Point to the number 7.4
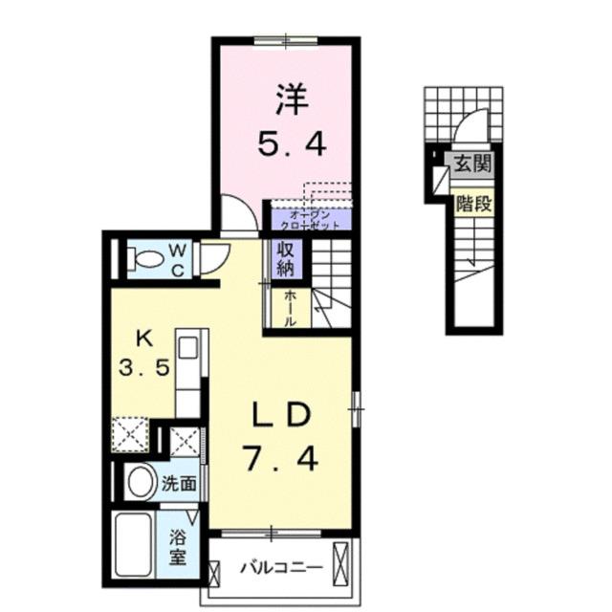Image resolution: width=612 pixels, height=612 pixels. click(281, 462)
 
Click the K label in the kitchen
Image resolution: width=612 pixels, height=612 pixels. click(143, 338)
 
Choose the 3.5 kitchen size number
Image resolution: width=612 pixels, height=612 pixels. click(142, 368)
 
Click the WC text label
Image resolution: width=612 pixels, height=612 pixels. click(179, 258)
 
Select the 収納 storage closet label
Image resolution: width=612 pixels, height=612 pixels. click(286, 257)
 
